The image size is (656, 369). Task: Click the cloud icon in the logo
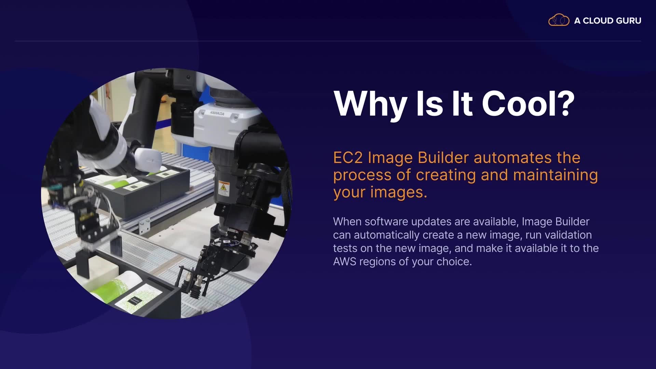click(559, 20)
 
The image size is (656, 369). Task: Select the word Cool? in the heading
click(528, 104)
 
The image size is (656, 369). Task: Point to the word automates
click(512, 158)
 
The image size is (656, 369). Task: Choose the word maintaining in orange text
click(556, 175)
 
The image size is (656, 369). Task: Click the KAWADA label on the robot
click(217, 113)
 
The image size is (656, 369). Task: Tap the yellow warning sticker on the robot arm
click(224, 188)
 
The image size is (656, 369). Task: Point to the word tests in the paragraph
click(345, 249)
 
